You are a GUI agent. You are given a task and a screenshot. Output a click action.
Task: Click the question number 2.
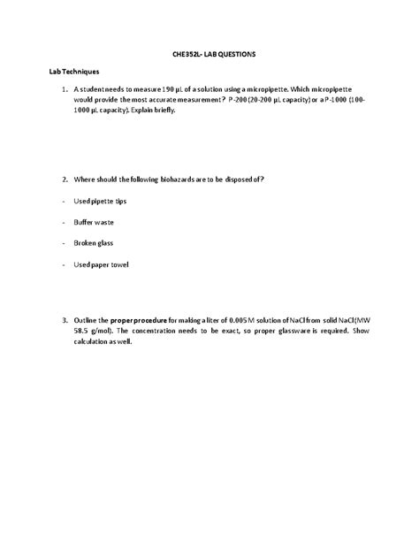coord(64,179)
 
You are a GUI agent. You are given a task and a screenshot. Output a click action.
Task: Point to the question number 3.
coord(64,320)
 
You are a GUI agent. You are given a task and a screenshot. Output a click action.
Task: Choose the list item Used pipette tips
coord(99,201)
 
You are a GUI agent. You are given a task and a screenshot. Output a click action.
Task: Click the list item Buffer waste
coord(93,222)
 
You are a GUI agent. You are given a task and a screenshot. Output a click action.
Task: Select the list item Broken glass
coord(93,243)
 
